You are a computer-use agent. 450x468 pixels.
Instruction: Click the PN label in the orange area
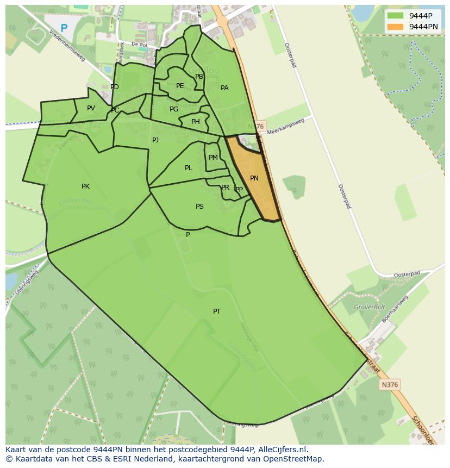(254, 178)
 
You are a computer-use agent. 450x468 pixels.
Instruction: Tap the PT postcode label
(217, 311)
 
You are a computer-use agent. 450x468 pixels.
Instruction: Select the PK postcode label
(85, 186)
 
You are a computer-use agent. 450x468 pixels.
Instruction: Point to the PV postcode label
(91, 108)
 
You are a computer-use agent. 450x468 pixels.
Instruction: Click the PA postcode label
(224, 88)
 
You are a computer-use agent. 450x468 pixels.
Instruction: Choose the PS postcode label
(199, 207)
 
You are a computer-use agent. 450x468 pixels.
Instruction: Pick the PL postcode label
(188, 168)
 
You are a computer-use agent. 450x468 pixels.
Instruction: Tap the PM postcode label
(213, 158)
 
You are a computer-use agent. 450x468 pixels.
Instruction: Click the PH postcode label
(195, 122)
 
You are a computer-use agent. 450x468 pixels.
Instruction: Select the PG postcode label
(173, 109)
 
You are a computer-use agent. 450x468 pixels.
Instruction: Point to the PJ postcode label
(155, 140)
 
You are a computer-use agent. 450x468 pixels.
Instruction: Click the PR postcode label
(225, 188)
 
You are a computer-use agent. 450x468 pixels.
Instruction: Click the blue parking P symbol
(64, 28)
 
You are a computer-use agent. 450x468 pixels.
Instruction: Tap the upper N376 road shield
(259, 126)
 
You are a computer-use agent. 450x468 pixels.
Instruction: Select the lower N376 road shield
(390, 384)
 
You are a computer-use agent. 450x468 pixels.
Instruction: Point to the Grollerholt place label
(369, 307)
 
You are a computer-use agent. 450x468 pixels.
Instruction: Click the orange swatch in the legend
(396, 27)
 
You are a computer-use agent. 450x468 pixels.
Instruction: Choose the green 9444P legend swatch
(396, 16)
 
